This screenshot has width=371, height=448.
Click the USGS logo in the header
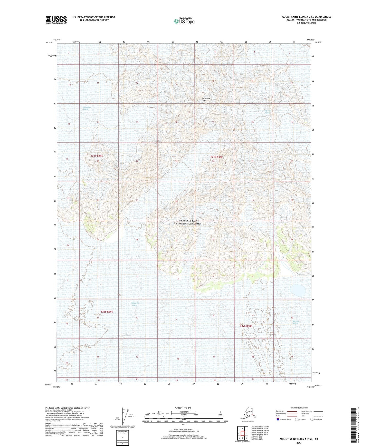point(56,20)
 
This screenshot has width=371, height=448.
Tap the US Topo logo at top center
point(184,21)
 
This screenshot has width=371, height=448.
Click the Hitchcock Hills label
point(206,100)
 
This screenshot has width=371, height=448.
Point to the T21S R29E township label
point(97,156)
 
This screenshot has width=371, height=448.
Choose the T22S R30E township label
point(246,326)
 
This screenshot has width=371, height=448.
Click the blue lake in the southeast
point(298,291)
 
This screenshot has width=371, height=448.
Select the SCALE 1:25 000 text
point(183,408)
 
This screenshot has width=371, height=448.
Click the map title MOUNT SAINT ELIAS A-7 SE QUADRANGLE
point(306,17)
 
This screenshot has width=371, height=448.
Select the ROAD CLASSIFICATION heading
point(299,408)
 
